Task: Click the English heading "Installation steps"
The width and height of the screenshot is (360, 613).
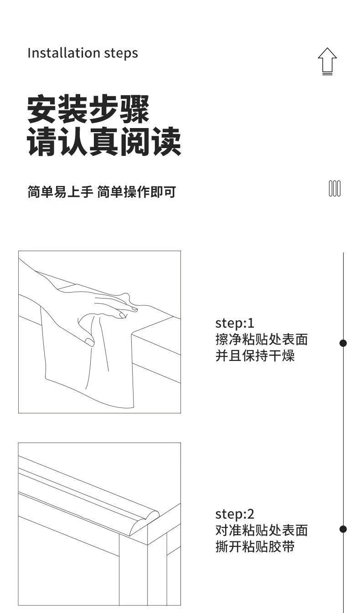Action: pos(82,53)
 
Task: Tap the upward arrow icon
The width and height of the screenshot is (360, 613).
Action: pos(327,61)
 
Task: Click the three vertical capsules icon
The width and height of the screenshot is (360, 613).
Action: pos(334,188)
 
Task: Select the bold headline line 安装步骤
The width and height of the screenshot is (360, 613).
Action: pos(88,110)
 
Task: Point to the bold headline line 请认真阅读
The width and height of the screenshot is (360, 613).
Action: pos(104,142)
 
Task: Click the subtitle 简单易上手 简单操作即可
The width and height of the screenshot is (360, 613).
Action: pos(102,192)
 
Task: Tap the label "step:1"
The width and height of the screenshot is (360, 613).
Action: pos(235,323)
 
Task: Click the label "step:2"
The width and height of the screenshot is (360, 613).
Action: pos(235,514)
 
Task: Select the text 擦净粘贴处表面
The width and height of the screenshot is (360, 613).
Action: pos(262,340)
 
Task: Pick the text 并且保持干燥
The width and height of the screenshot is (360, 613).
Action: pos(255,355)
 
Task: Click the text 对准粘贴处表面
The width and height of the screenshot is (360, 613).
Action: pos(262,531)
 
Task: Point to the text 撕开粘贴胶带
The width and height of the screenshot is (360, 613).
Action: pos(255,546)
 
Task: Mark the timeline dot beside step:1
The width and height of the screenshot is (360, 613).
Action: pos(343,343)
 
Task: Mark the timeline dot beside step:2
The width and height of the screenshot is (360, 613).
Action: pos(343,529)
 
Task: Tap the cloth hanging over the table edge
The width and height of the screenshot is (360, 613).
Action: pos(91,360)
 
